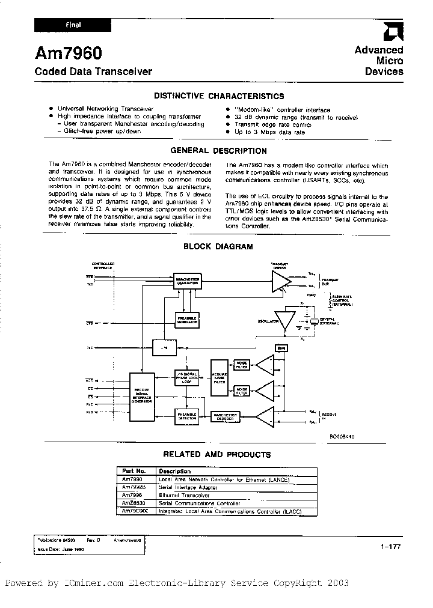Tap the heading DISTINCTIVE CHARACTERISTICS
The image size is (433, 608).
(x=218, y=96)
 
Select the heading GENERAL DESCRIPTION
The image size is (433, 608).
(x=218, y=151)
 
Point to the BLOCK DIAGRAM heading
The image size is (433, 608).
(x=218, y=246)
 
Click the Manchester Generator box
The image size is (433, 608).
(x=188, y=281)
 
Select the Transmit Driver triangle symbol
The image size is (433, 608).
(x=279, y=281)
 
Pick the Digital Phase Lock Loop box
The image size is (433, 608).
(x=188, y=377)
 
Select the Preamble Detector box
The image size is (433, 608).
(x=188, y=416)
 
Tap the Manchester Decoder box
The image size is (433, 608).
(x=226, y=416)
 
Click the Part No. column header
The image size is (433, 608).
(x=134, y=471)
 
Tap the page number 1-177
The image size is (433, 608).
(x=390, y=547)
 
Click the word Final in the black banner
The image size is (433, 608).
(x=73, y=25)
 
